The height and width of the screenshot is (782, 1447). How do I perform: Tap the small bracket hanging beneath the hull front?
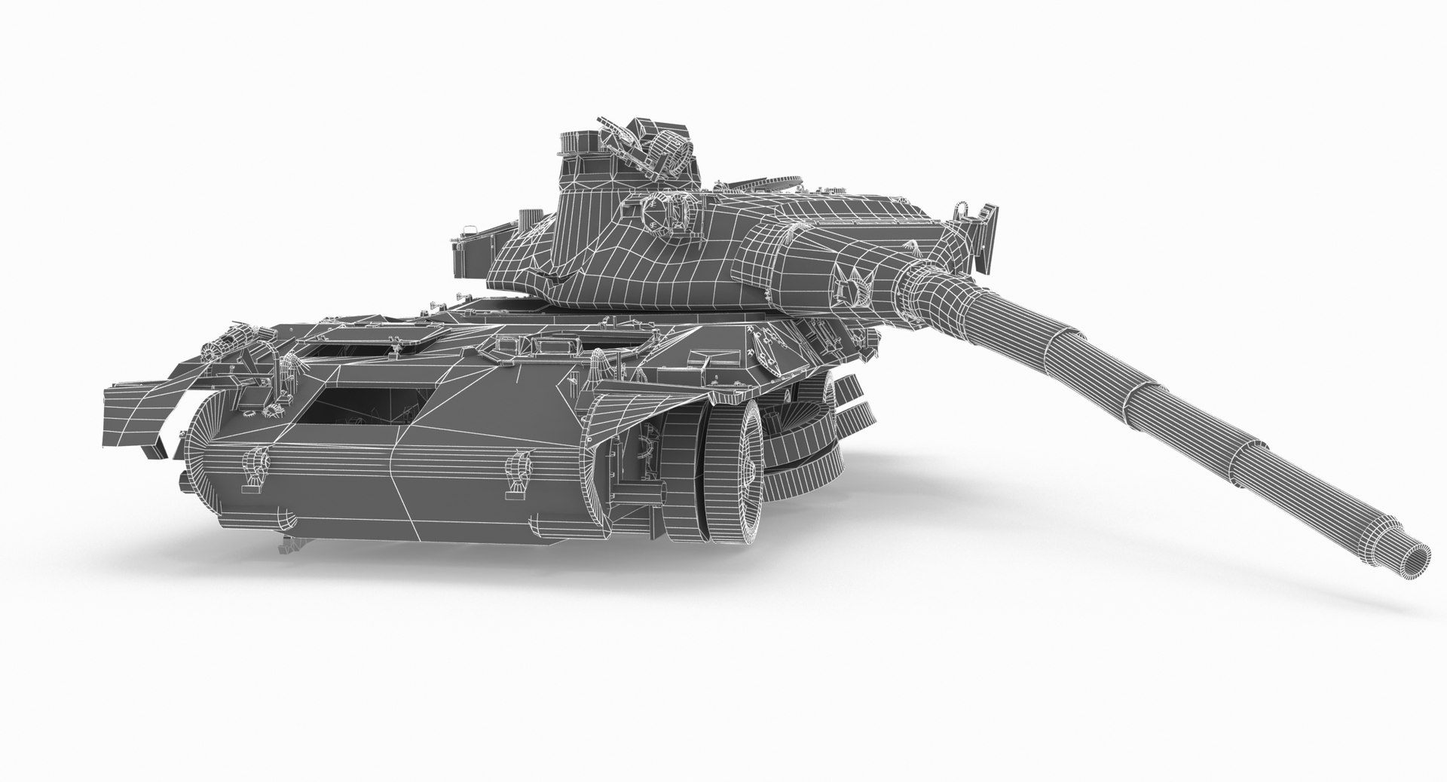(x=290, y=540)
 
